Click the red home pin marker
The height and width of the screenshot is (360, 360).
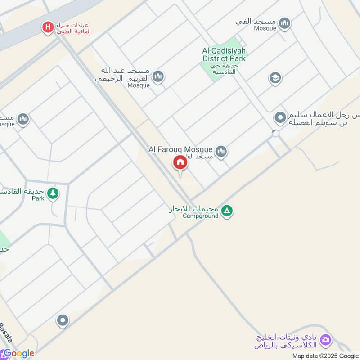click(x=180, y=162)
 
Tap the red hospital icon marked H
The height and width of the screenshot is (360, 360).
click(x=47, y=27)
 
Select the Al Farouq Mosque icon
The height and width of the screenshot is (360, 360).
click(x=220, y=152)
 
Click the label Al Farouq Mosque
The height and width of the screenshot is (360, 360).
click(x=181, y=148)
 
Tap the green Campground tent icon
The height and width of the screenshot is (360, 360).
click(x=227, y=210)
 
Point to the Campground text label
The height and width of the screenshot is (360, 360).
click(x=200, y=216)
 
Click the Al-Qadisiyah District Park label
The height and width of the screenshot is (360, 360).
click(x=224, y=54)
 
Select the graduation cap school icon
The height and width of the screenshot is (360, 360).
click(x=275, y=78)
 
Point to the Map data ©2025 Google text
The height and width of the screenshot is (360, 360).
click(x=324, y=355)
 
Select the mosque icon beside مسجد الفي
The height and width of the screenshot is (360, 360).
click(x=284, y=23)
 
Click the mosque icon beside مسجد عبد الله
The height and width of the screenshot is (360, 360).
click(x=157, y=77)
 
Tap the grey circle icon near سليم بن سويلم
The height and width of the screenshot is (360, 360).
click(x=280, y=118)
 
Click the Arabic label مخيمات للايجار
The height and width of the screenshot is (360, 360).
click(x=193, y=209)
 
